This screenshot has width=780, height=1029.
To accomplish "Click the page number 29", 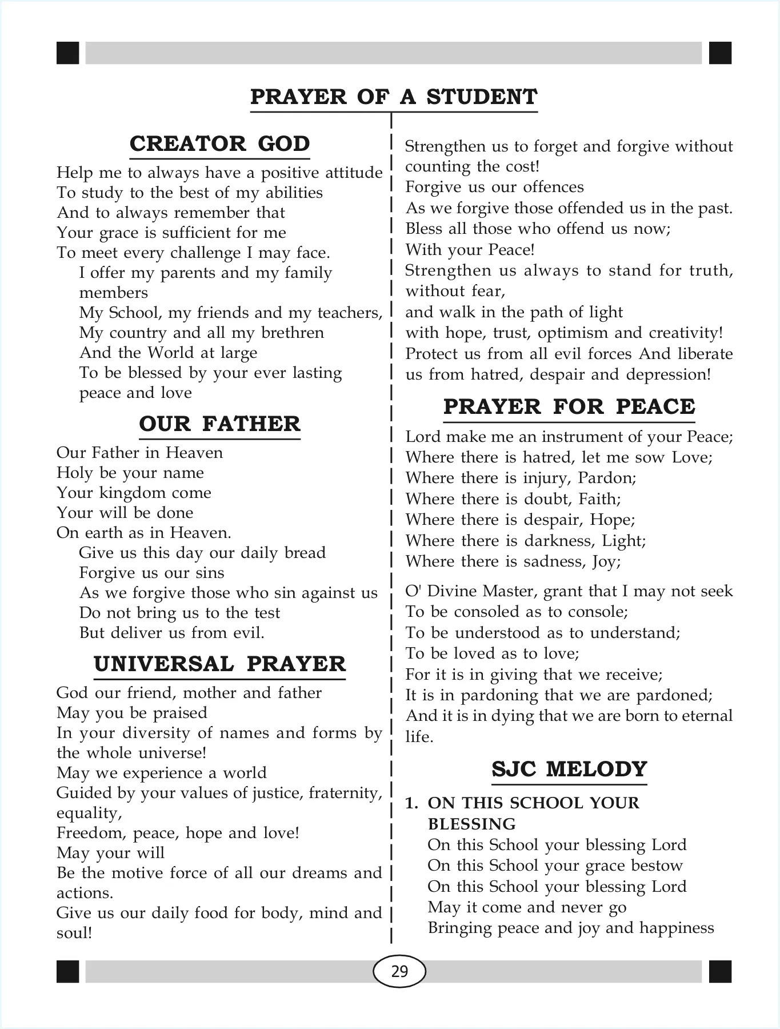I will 399,971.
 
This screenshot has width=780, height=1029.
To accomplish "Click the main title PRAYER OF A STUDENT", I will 394,97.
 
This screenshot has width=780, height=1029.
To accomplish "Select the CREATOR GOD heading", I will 219,143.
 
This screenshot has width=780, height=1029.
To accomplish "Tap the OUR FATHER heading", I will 219,424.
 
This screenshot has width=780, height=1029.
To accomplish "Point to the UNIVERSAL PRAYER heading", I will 219,664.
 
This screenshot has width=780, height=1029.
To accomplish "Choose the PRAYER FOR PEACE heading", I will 569,406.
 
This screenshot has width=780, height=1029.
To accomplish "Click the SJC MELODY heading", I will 569,769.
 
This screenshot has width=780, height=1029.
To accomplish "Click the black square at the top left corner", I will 67,53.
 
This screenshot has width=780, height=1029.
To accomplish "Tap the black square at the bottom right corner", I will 720,971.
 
